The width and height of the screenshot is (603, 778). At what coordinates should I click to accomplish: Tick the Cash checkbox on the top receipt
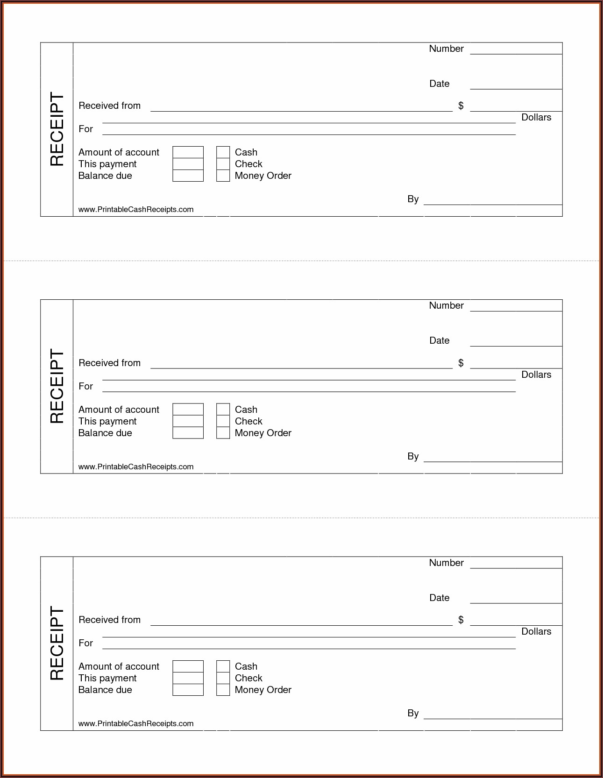[223, 152]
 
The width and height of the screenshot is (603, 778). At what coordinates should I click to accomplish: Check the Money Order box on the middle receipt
[223, 433]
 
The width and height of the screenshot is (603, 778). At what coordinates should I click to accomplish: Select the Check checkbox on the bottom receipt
[223, 678]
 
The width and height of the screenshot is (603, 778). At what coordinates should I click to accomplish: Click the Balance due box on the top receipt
[188, 176]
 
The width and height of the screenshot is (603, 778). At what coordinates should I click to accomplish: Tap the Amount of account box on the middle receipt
[188, 410]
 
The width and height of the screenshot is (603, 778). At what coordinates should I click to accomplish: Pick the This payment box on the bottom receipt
[188, 678]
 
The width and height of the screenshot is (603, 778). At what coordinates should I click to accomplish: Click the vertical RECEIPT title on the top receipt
[57, 129]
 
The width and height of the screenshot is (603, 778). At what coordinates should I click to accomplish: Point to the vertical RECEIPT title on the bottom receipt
[57, 643]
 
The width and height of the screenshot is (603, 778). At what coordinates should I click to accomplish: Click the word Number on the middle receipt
[446, 305]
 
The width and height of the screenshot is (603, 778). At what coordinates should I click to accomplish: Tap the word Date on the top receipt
[439, 84]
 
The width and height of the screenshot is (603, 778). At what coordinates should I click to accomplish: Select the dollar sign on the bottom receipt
[461, 620]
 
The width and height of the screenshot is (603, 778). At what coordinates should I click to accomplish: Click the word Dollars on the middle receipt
[536, 375]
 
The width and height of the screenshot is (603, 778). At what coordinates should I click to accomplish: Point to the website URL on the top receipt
[136, 209]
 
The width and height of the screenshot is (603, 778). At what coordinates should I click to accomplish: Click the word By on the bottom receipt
[413, 713]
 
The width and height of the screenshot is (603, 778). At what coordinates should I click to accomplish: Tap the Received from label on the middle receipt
[109, 363]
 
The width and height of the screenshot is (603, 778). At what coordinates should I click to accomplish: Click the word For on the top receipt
[85, 129]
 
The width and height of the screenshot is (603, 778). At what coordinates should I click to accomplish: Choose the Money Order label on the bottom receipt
[263, 690]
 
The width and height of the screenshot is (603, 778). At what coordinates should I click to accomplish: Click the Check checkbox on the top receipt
[223, 164]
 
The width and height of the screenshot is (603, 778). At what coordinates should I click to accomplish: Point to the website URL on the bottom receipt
[136, 723]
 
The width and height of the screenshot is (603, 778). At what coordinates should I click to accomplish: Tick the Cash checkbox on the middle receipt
[223, 410]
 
